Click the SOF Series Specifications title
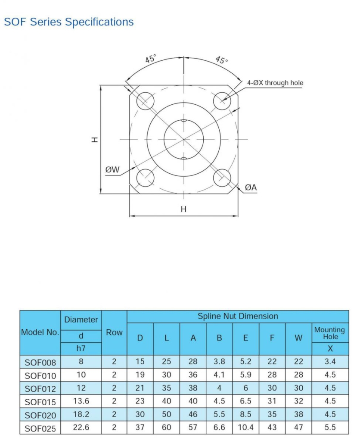coord(69,22)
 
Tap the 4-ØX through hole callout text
coord(275,83)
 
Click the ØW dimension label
coord(112,170)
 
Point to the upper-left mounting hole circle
coord(145,100)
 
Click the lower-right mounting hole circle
coord(223,178)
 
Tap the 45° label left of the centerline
coord(151,59)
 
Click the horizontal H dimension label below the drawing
coord(183,209)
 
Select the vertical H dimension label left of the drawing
coord(95,139)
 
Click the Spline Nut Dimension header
coord(238,316)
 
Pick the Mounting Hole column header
coord(329,332)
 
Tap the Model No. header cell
coord(40,333)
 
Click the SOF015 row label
coord(40,402)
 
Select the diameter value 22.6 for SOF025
coord(81,428)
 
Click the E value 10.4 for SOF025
coord(245,428)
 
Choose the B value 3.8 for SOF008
coord(219,362)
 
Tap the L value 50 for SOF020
coord(167,414)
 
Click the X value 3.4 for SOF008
coord(330,362)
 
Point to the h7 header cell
coord(81,349)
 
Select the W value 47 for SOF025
coord(298,428)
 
